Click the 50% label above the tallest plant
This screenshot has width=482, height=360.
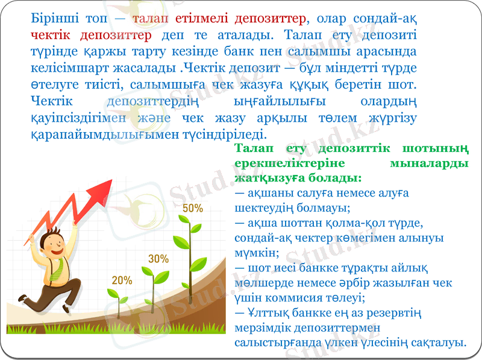click(192, 208)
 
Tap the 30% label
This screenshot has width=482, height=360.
click(158, 259)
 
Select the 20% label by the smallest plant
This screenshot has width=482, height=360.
click(122, 280)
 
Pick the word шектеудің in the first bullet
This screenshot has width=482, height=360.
click(260, 208)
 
